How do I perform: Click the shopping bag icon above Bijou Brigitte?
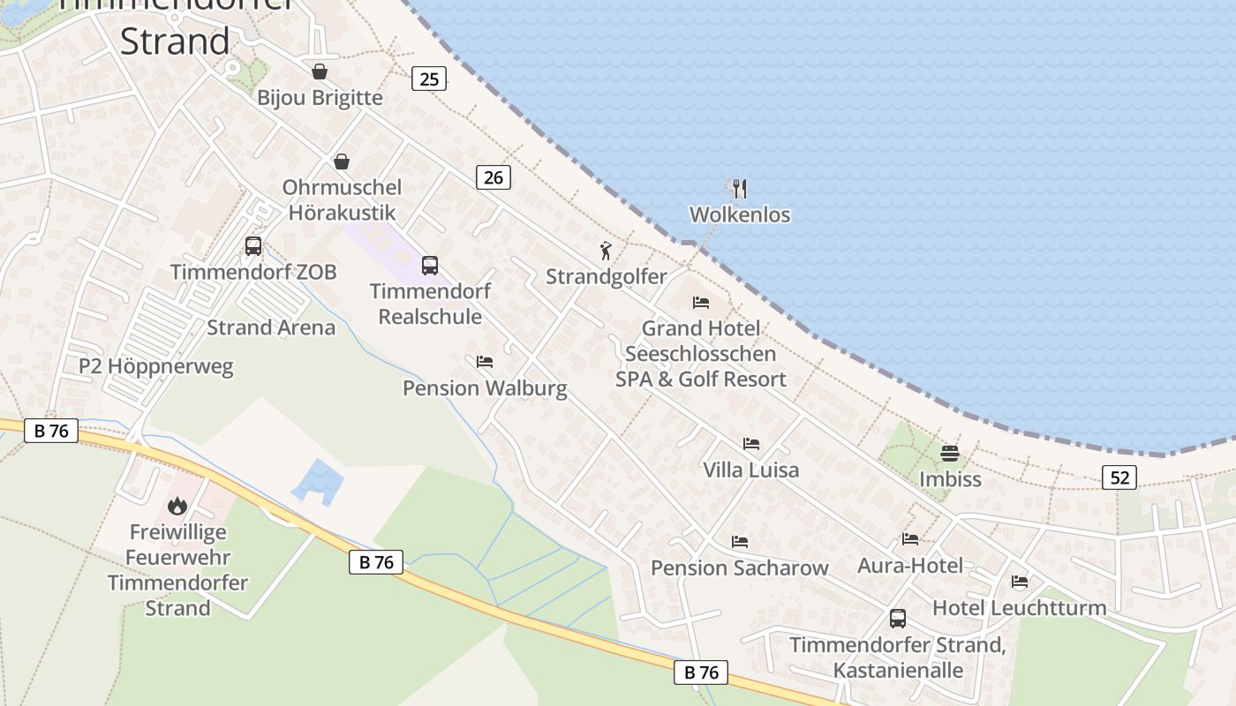coord(320,71)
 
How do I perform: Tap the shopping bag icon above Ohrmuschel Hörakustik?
coord(342,161)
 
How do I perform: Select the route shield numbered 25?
coord(429,79)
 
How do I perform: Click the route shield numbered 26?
coord(494,177)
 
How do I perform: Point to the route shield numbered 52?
coord(1119,478)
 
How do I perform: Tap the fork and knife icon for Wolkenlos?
coord(740,189)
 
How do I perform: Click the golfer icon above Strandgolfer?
coord(606,251)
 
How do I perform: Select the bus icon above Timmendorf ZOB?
coord(253,246)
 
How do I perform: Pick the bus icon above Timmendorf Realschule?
coord(430,265)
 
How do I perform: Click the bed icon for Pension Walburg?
coord(485,362)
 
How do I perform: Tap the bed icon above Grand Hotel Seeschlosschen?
coord(701,302)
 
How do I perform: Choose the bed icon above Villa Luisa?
coord(751,444)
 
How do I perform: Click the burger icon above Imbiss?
coord(950,454)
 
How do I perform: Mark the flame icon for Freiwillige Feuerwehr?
coord(177,507)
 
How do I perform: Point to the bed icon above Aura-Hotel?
coord(910,539)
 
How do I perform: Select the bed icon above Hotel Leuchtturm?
coord(1020,582)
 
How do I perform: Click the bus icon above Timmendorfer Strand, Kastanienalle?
coord(898,619)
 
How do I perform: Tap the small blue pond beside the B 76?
coord(317,481)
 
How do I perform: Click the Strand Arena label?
coord(271,327)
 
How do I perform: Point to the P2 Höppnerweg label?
coord(156,366)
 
